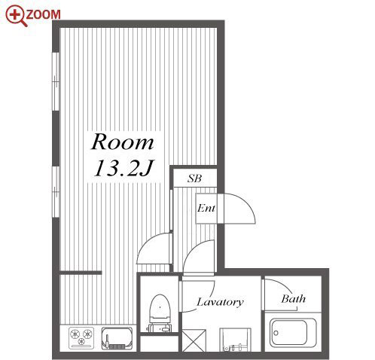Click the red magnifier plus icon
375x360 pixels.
(15, 15)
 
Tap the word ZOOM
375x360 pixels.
(43, 14)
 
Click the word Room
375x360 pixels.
(123, 142)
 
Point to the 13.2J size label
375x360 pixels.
(123, 168)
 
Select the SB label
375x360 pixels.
(195, 178)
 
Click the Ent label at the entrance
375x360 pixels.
(206, 208)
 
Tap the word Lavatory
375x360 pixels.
(220, 302)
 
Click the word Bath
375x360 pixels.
(294, 299)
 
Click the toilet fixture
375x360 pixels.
(160, 313)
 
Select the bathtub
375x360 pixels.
(293, 333)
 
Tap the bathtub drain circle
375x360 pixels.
(276, 333)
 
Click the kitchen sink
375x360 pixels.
(117, 338)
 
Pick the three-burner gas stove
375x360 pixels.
(81, 337)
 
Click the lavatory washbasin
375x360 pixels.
(235, 340)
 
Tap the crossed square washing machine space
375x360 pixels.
(194, 340)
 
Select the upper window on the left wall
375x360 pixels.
(56, 81)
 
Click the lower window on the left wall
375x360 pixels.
(56, 192)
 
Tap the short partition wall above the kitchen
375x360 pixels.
(81, 273)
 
